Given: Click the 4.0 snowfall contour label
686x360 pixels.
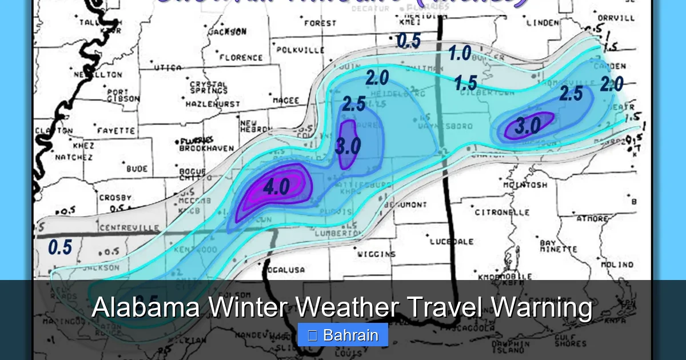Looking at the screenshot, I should [x=276, y=187].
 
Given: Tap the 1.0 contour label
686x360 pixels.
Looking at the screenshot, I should [x=460, y=54].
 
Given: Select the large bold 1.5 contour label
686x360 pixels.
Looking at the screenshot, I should [x=465, y=83].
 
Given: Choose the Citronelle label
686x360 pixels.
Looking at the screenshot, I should [x=502, y=212].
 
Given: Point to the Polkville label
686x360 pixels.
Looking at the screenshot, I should [x=300, y=50].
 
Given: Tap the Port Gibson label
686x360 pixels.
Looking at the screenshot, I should [x=122, y=95].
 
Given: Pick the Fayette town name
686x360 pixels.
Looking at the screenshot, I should [x=115, y=131].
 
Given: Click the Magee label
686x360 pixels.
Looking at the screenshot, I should [x=285, y=101].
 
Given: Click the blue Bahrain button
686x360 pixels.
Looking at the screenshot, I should [x=343, y=335].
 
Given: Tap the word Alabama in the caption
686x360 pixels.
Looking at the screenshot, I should [x=146, y=308].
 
